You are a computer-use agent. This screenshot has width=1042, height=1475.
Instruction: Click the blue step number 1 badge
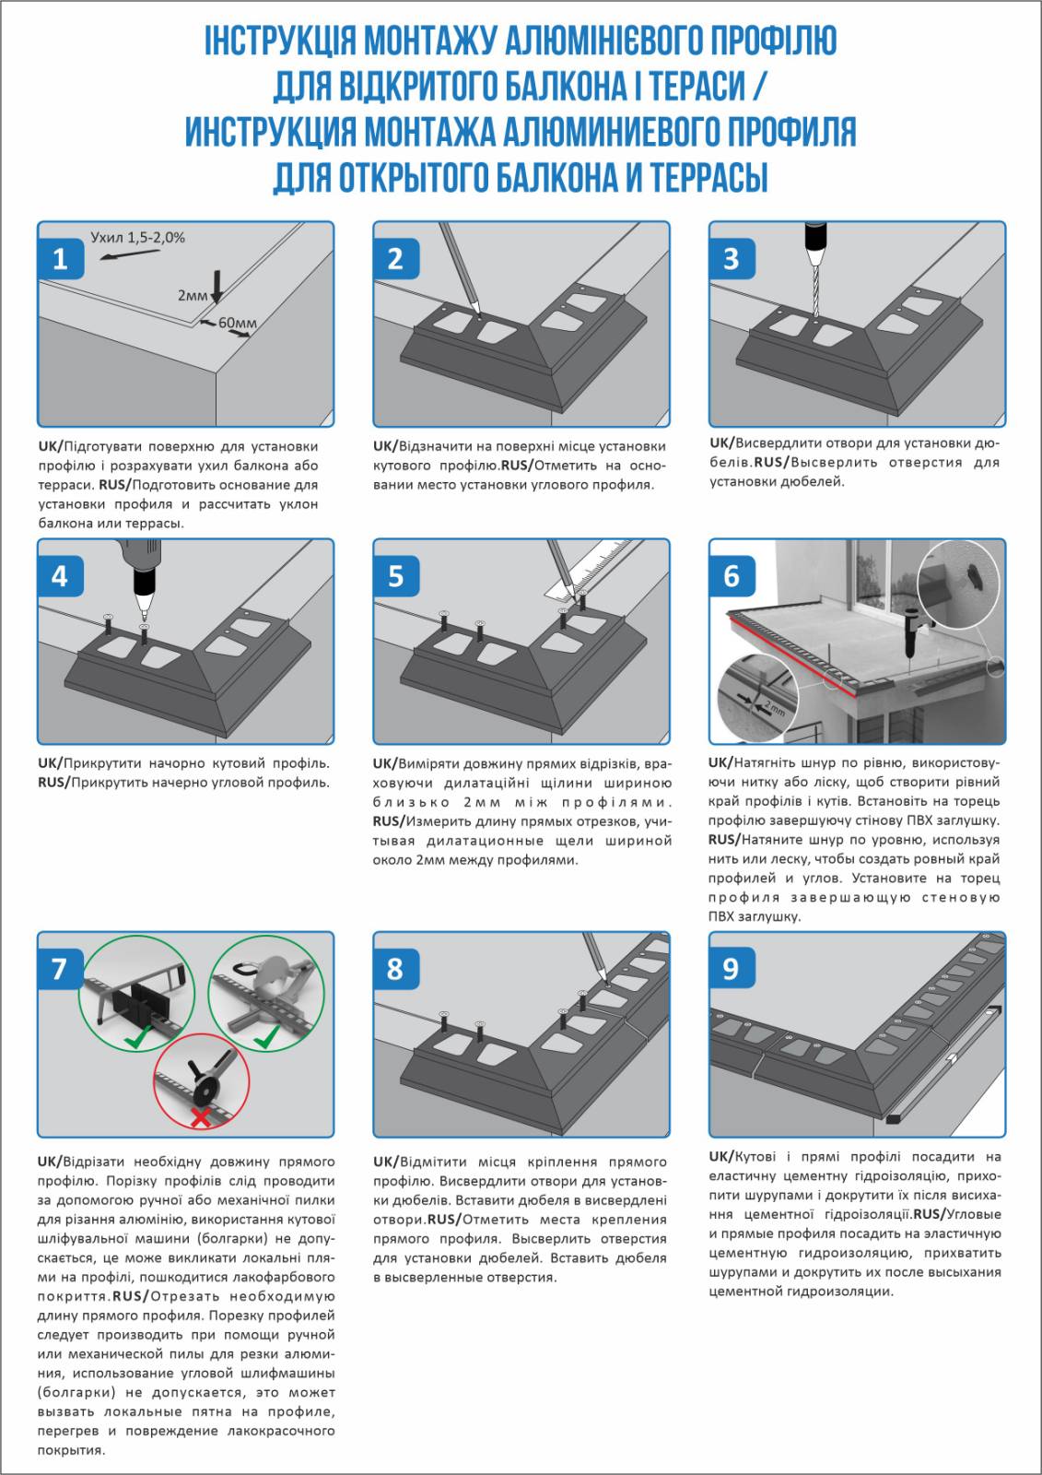coord(61,258)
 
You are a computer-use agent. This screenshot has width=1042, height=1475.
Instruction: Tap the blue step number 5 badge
coord(396,576)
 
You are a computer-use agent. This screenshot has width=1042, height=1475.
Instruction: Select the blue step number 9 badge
coord(732,969)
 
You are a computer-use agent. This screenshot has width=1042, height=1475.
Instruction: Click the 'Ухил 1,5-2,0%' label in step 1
coord(137,238)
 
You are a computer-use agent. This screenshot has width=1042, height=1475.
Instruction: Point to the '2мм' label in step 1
coord(192,296)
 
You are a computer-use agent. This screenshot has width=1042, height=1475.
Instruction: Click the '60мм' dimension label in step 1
coord(237,323)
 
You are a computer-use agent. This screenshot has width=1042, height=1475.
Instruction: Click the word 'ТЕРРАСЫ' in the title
coord(708,177)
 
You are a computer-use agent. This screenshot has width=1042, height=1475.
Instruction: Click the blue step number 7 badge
coord(61,969)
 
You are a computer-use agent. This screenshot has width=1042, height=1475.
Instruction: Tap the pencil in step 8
coord(592,953)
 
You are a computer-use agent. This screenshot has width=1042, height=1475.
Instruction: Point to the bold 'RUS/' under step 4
coord(53,783)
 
